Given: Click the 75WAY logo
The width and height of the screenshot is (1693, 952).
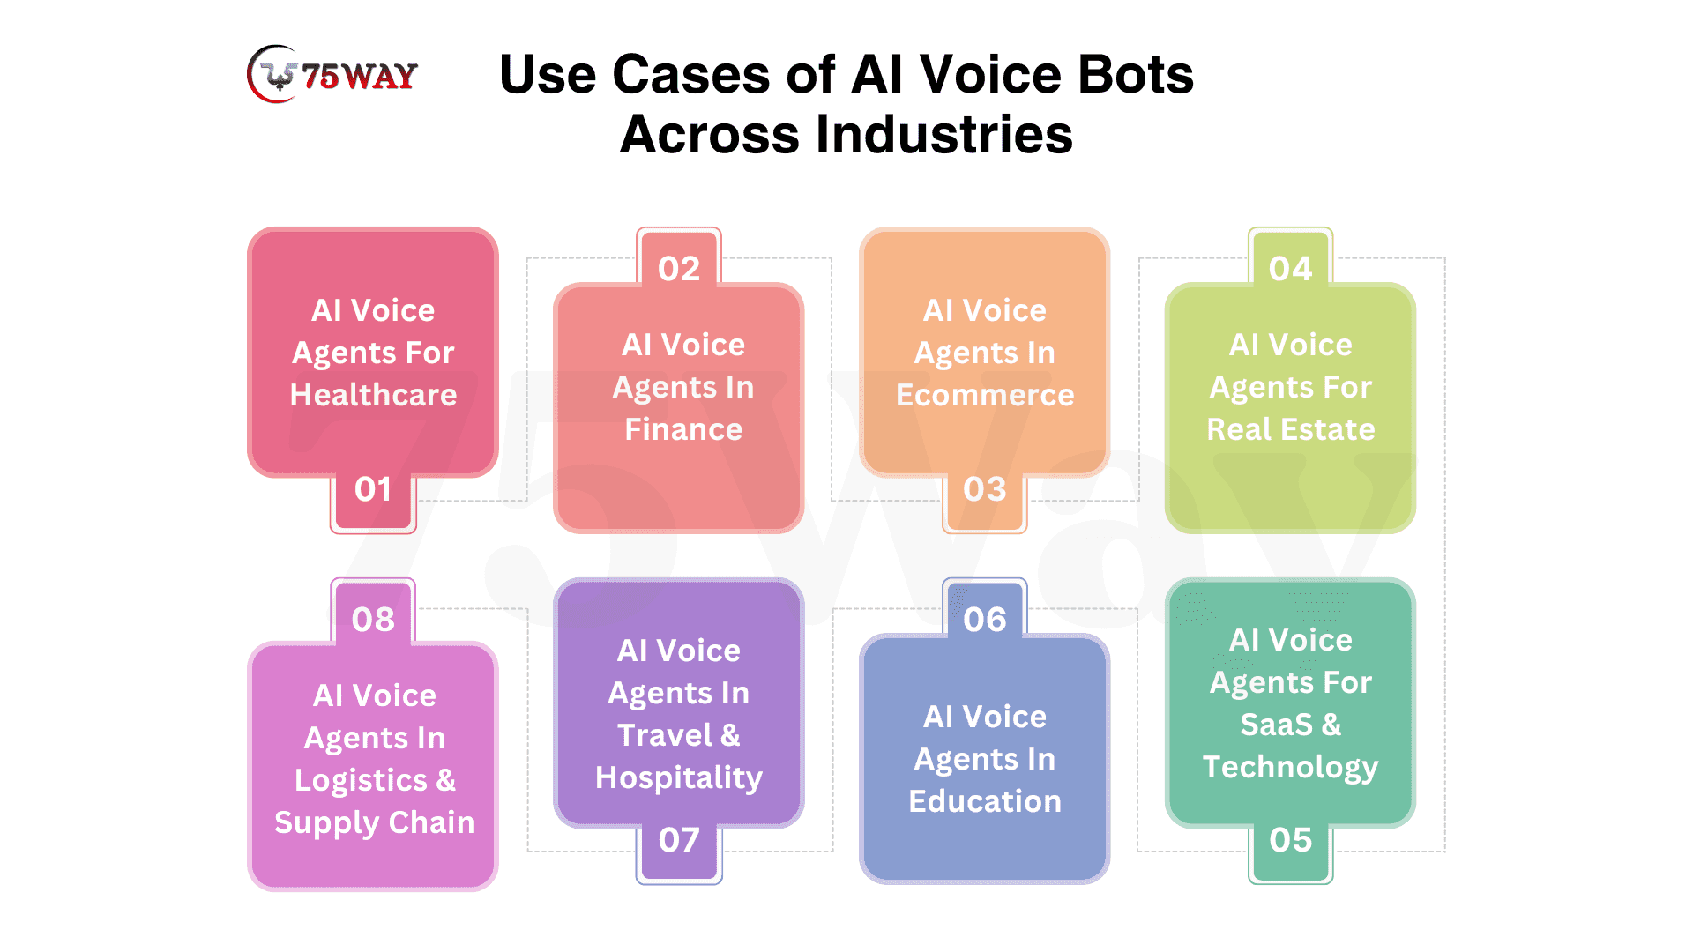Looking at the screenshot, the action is click(x=332, y=74).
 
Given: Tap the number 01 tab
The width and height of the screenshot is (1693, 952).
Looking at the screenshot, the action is click(x=373, y=500).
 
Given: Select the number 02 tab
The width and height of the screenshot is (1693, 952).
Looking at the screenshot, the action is click(x=679, y=257).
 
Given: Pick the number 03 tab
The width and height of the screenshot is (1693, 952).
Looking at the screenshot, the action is click(x=984, y=500).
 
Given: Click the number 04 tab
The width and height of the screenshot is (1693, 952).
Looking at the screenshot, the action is click(x=1290, y=257).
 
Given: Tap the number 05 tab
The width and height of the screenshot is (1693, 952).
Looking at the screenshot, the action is click(x=1290, y=851).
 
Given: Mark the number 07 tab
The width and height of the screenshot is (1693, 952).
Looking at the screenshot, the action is click(x=679, y=851).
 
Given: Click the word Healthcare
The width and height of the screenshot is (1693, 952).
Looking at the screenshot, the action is click(x=374, y=395).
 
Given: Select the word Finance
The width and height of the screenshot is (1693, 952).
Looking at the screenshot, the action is click(x=683, y=429).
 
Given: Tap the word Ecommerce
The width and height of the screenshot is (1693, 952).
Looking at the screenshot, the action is click(x=985, y=395).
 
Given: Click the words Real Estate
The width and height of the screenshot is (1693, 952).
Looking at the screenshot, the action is click(x=1291, y=429).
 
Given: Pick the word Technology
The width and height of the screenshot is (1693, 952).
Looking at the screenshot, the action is click(x=1291, y=768).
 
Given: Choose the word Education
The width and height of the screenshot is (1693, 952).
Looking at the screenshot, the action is click(x=985, y=801).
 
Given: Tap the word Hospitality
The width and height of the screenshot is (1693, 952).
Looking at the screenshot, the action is click(x=679, y=778).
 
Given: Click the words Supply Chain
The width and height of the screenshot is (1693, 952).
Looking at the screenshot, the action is click(x=375, y=823).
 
